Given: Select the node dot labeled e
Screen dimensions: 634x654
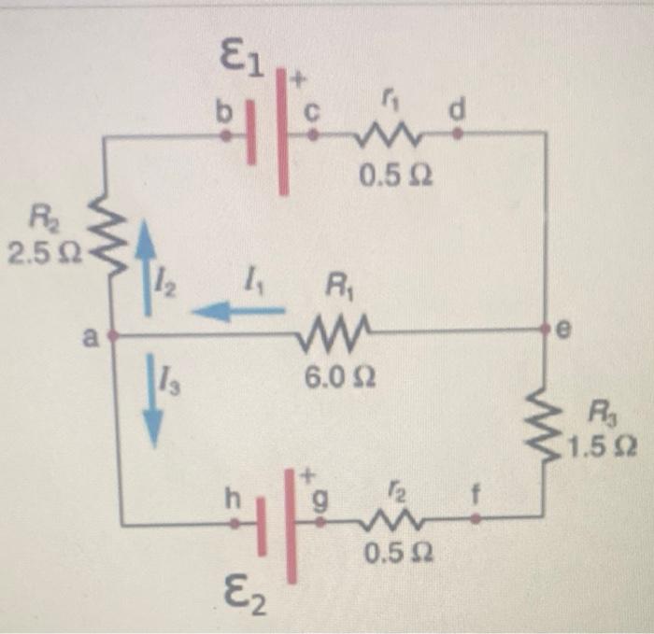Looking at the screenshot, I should coord(545,330).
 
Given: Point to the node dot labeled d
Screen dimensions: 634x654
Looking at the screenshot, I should coord(457,134).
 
